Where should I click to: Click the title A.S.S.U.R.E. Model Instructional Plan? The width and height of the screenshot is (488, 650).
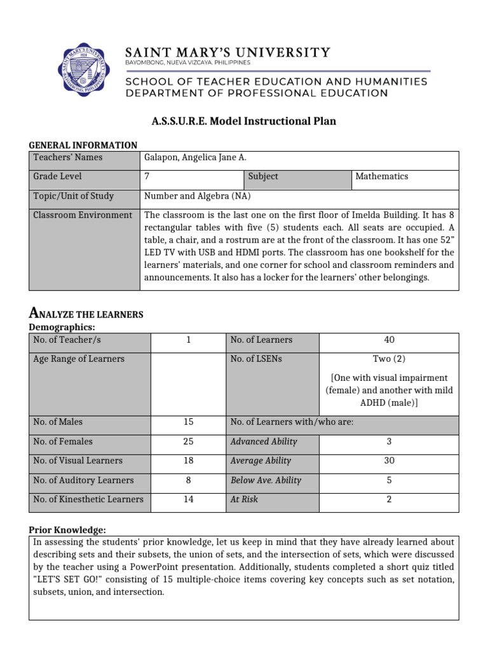244,121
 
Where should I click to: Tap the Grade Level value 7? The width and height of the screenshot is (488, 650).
147,176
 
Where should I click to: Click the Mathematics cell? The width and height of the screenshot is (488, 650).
381,176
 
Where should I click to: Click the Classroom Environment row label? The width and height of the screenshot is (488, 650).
83,215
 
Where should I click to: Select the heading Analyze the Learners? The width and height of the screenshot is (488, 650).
86,314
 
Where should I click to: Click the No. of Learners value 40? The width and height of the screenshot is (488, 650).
390,340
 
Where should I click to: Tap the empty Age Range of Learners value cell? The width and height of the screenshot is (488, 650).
188,381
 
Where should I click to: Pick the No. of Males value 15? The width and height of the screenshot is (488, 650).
188,421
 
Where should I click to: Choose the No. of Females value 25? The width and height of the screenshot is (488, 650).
188,441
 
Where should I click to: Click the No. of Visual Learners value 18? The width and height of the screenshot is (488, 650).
188,460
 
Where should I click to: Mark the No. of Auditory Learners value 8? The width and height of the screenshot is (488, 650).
188,480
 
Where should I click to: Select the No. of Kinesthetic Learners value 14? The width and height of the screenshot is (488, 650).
188,499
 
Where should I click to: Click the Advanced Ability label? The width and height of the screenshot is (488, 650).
264,441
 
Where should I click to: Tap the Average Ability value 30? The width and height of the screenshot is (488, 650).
390,460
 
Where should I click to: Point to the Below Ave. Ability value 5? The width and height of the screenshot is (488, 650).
390,480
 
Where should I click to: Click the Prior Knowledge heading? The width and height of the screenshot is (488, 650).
67,530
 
